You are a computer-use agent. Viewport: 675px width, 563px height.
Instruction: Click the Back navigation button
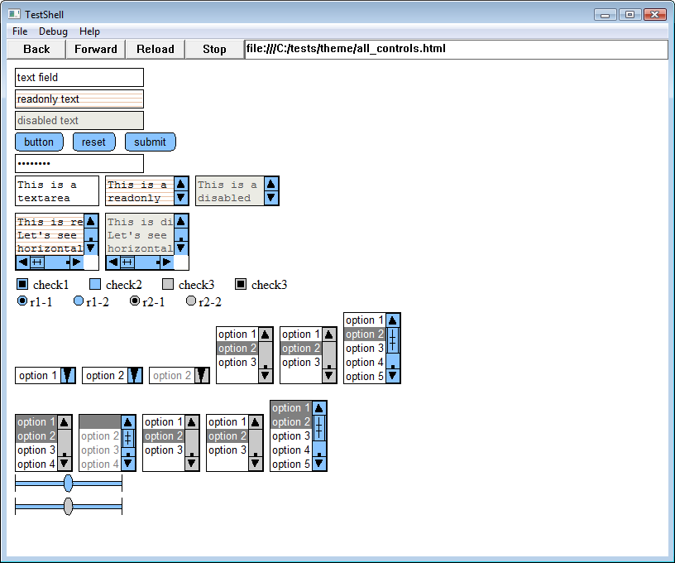point(37,49)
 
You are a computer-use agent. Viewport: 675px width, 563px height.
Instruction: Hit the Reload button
point(156,49)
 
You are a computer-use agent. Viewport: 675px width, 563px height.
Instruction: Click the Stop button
point(214,49)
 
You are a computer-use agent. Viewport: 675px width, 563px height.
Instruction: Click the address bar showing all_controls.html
point(456,49)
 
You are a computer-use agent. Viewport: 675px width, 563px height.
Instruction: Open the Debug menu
point(53,31)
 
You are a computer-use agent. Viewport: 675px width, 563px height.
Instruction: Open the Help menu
point(89,31)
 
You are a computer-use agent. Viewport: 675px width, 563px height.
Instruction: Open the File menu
point(20,31)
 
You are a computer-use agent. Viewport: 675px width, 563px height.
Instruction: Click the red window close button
point(654,15)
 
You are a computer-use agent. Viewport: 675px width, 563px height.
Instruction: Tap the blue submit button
point(150,142)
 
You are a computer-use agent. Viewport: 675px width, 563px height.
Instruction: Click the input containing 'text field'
point(79,78)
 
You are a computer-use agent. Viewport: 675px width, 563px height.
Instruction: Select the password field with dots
point(79,164)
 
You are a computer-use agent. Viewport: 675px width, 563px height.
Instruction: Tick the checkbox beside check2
point(95,285)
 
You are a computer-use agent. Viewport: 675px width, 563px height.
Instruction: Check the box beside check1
point(22,285)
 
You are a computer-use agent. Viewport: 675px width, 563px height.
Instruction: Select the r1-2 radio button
point(79,301)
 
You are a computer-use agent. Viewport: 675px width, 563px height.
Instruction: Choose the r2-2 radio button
point(191,301)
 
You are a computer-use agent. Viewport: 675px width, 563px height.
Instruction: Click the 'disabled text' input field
point(79,121)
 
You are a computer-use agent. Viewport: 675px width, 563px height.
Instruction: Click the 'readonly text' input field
point(79,99)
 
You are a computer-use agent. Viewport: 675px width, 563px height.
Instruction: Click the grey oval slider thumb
point(68,506)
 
